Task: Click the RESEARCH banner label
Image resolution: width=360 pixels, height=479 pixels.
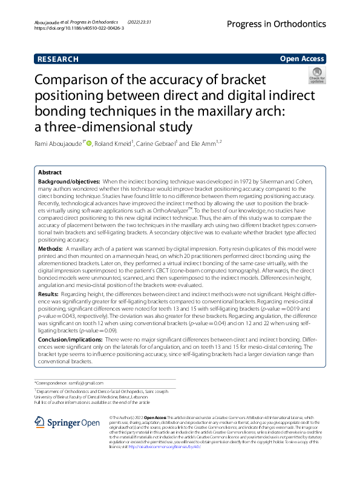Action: [57, 59]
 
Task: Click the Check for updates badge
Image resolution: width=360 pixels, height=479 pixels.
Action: [316, 76]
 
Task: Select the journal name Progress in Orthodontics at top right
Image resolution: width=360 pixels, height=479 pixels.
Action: [276, 24]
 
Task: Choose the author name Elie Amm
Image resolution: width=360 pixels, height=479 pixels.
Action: [203, 144]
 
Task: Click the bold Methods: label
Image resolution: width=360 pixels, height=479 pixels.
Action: [51, 249]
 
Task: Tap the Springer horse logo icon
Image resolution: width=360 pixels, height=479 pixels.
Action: [41, 423]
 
